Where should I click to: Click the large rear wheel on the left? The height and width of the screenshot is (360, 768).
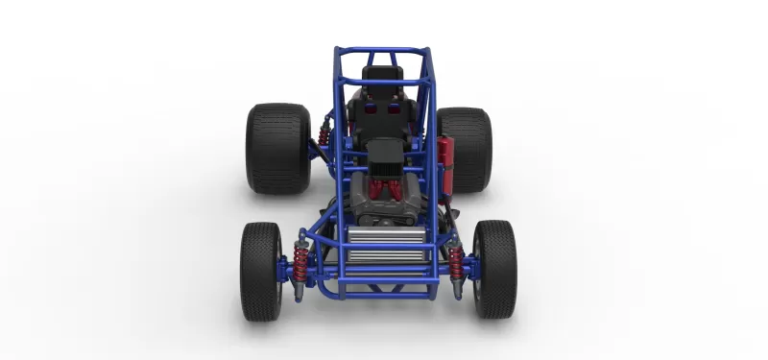click(277, 149)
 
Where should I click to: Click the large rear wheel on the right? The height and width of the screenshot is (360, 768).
click(466, 149)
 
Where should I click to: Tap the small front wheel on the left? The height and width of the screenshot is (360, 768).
click(261, 271)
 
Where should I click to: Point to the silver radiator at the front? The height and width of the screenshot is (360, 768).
click(383, 246)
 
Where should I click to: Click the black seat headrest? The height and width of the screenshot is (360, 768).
click(382, 74)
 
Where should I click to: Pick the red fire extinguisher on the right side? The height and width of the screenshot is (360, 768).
click(444, 159)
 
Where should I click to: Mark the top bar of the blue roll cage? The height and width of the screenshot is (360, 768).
click(383, 49)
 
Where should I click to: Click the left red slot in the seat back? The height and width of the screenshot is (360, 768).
click(367, 108)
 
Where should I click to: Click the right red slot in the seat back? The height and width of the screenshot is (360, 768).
click(395, 108)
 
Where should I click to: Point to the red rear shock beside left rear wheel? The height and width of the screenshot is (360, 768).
click(324, 133)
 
